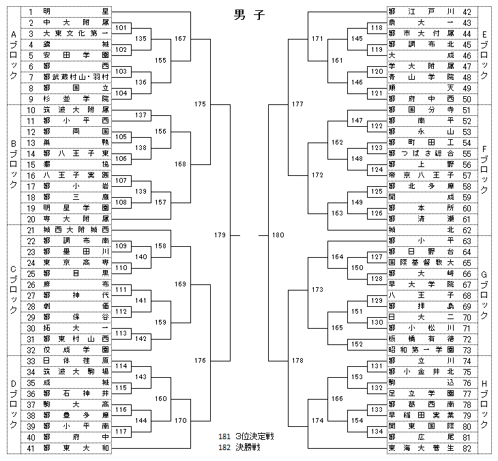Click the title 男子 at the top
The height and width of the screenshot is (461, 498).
[x=248, y=14]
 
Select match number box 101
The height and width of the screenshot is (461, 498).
[x=121, y=28]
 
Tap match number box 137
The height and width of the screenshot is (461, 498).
[x=141, y=115]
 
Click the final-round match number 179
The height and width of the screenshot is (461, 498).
[x=219, y=235]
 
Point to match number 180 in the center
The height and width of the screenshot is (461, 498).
[x=278, y=235]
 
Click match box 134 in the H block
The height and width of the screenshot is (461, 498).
[x=377, y=431]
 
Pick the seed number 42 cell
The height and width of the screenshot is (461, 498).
[x=467, y=12]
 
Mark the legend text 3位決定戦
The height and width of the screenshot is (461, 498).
[x=250, y=436]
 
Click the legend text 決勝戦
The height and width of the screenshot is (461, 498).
[x=245, y=447]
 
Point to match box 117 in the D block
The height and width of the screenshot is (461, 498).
[x=121, y=431]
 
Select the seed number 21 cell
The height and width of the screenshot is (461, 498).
[x=31, y=230]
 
